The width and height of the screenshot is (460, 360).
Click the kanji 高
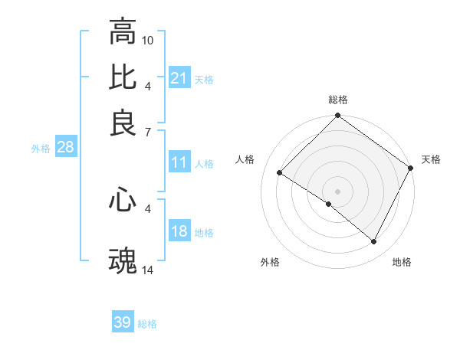pos(123,32)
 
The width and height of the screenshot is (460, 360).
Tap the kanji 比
pos(123,77)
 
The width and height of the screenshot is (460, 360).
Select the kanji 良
pos(123,122)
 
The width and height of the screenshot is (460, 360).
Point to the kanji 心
pos(123,201)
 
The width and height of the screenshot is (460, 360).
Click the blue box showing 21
pos(179,78)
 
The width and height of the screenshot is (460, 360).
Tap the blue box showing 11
pos(179,162)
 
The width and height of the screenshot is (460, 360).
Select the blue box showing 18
pos(179,232)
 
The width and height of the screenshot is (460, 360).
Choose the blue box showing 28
pos(65,148)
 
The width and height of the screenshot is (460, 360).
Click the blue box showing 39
pos(123,322)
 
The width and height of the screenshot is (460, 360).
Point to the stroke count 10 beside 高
pos(149,39)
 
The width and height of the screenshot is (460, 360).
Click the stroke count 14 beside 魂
pos(149,270)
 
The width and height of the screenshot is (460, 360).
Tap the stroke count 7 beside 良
pos(148,133)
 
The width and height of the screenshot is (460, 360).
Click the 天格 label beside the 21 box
pos(204,79)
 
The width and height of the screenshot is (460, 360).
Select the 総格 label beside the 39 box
pos(147,324)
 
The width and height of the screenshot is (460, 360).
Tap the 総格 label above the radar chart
pos(338,100)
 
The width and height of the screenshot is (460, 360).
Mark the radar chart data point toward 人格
pos(280,173)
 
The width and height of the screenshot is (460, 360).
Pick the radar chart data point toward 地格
pos(374,242)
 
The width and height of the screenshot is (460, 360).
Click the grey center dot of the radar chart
pos(338,191)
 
